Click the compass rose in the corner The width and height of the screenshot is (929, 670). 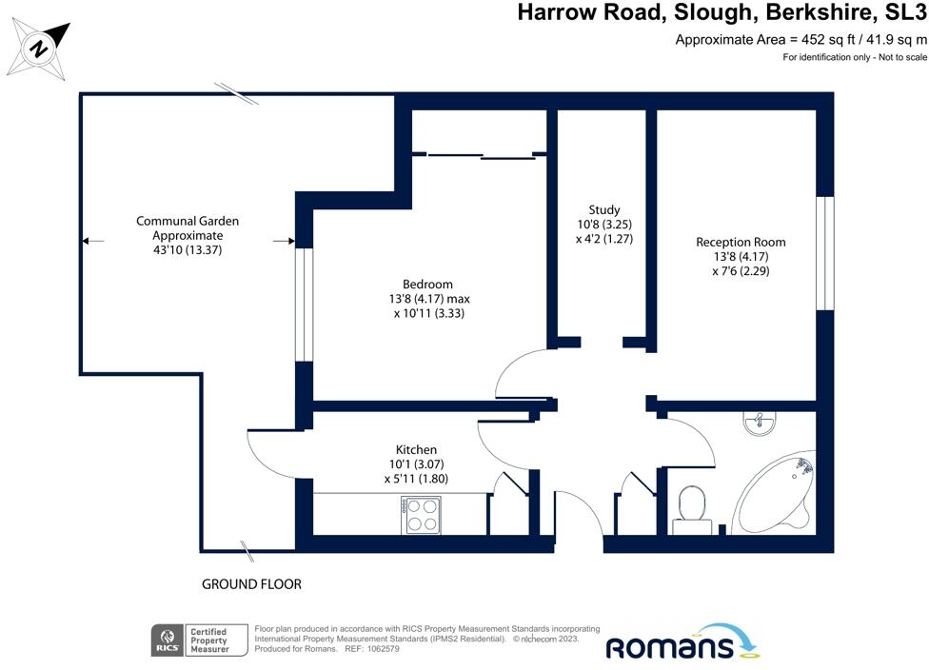[x=39, y=48]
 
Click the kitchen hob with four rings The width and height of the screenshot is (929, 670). [x=422, y=516]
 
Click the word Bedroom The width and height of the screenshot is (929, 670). [x=427, y=284]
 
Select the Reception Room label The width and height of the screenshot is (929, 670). [x=741, y=242]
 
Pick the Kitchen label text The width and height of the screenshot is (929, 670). [x=416, y=449]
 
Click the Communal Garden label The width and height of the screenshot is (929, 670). [x=187, y=221]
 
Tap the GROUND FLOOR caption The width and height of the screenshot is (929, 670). [x=251, y=584]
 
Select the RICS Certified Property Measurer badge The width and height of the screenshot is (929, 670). [x=199, y=640]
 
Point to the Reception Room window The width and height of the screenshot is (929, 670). [x=824, y=253]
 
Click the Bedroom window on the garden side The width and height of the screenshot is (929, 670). [x=304, y=305]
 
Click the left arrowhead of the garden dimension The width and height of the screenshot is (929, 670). [x=86, y=242]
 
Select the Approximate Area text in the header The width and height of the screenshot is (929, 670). [x=801, y=39]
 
